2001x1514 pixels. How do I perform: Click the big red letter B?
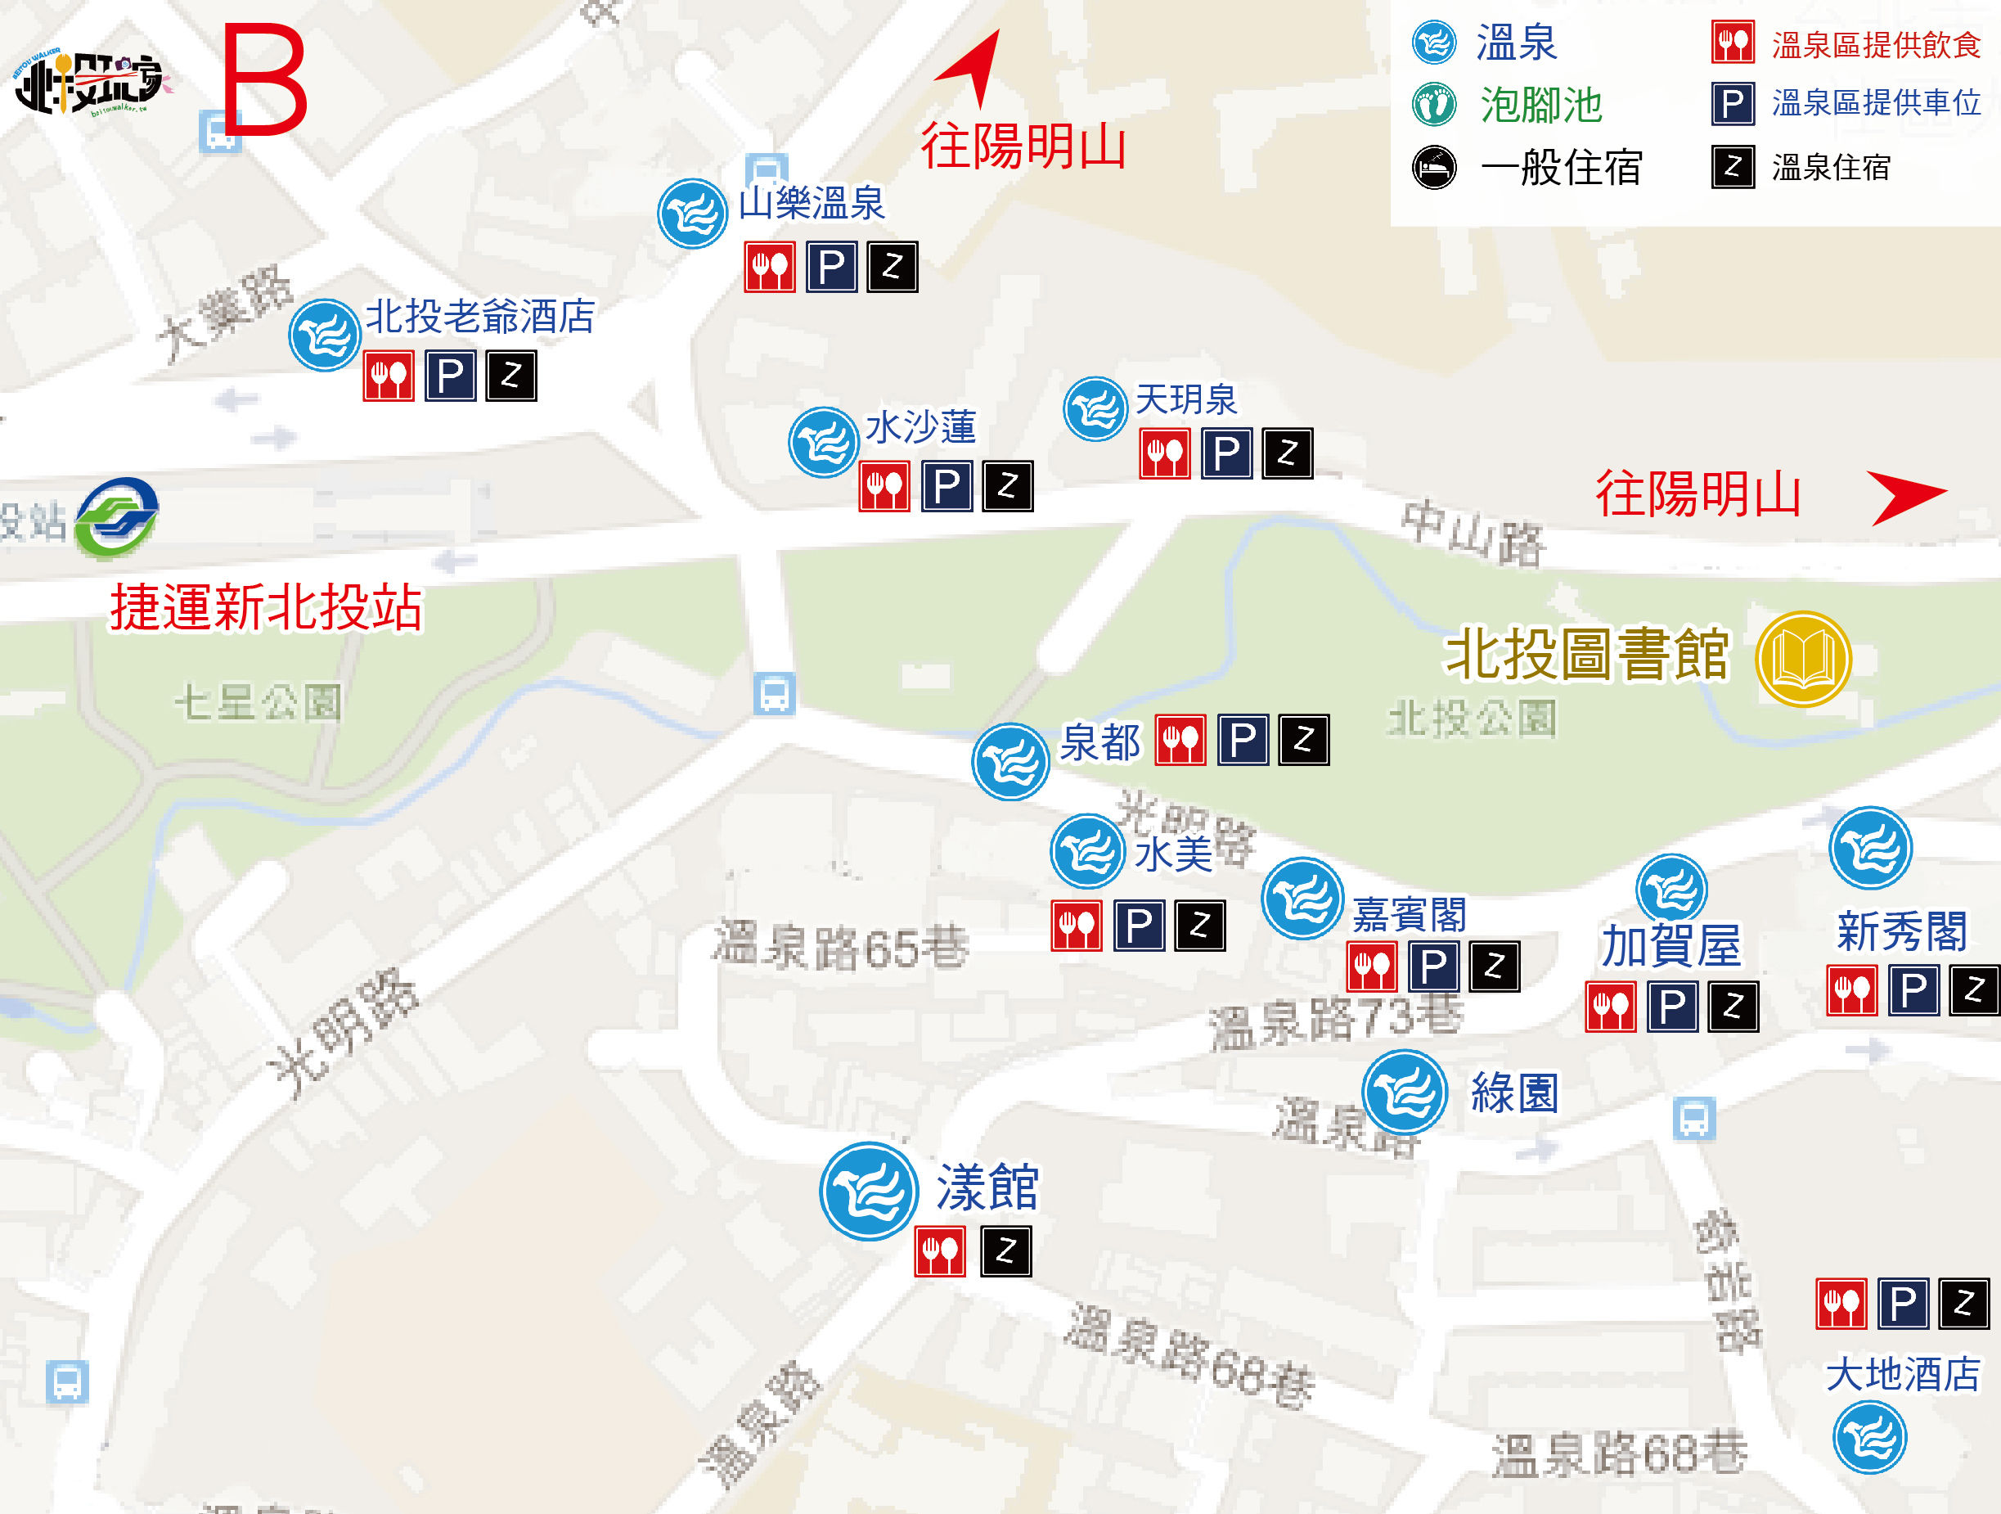click(264, 79)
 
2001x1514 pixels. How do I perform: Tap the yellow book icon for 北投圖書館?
click(1803, 660)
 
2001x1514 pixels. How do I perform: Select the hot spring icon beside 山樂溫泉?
click(692, 214)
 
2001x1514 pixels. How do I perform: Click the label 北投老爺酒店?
click(479, 317)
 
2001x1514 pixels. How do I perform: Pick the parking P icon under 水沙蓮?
click(947, 487)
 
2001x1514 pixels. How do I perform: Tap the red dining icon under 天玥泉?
click(1164, 453)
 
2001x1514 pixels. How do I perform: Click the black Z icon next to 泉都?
click(1303, 741)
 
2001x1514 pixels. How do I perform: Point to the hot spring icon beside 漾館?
click(869, 1191)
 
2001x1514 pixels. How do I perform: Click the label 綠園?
click(1514, 1093)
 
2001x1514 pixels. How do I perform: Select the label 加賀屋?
click(1670, 947)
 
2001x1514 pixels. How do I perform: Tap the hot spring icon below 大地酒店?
click(1869, 1437)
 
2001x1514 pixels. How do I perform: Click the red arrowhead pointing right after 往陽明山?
click(1905, 495)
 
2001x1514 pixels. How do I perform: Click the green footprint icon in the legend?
click(1434, 104)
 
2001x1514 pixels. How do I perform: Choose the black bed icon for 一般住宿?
click(1434, 168)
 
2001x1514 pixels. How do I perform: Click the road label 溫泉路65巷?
click(840, 946)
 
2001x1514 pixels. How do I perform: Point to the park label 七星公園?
click(259, 702)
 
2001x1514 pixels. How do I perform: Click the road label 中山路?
click(1473, 534)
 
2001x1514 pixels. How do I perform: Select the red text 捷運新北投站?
click(266, 607)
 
